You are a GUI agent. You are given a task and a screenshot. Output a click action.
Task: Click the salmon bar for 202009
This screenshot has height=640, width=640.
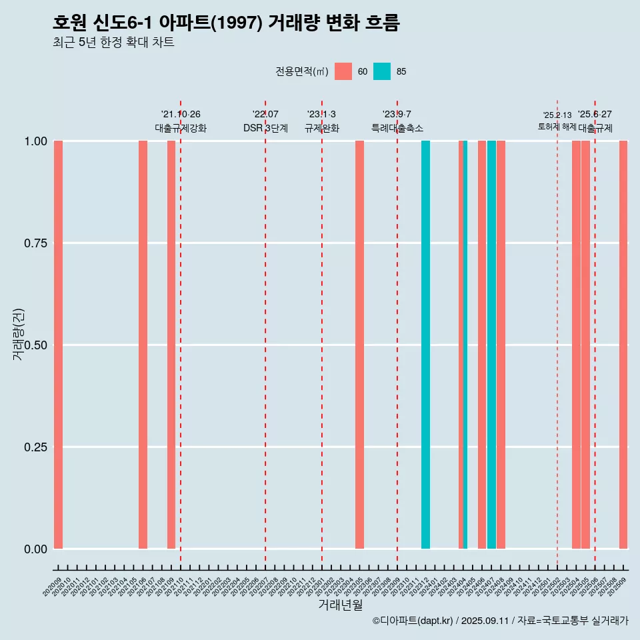(x=58, y=345)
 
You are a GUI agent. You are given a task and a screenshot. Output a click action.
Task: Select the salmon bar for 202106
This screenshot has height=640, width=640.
(x=143, y=345)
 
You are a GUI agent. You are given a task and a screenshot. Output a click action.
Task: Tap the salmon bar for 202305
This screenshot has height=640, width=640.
(x=359, y=345)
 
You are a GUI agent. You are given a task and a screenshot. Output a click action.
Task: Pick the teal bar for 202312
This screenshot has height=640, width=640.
(x=425, y=345)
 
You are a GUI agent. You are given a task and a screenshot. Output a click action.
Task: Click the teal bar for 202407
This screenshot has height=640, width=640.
(x=491, y=345)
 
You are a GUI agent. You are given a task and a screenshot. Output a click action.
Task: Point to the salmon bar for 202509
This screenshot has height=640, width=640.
(x=623, y=345)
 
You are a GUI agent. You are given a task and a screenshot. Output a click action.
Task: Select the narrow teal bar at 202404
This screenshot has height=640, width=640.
(x=465, y=345)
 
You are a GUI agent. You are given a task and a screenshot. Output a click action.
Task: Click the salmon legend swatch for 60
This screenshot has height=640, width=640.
(x=343, y=71)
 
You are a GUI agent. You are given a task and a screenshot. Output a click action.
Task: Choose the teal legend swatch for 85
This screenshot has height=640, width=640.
(x=382, y=71)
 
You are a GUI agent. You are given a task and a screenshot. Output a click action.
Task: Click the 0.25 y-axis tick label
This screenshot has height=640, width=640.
(x=35, y=447)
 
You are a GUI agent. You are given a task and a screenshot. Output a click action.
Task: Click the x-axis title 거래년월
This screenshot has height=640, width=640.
(x=340, y=605)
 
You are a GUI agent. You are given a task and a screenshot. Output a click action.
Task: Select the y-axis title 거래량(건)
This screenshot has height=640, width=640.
(x=19, y=333)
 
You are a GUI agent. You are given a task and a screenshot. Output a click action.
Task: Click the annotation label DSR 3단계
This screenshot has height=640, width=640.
(x=265, y=128)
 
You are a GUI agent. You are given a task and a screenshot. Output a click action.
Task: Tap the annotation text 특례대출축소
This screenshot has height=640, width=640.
(x=397, y=128)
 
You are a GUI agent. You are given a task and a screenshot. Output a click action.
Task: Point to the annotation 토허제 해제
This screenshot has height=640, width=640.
(x=557, y=127)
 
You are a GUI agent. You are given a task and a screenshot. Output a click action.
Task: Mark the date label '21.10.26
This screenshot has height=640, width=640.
(x=181, y=115)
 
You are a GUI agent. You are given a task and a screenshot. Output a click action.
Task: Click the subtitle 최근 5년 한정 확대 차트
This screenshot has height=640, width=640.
(x=113, y=43)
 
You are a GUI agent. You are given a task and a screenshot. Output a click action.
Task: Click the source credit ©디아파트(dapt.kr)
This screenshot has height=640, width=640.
(x=413, y=621)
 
